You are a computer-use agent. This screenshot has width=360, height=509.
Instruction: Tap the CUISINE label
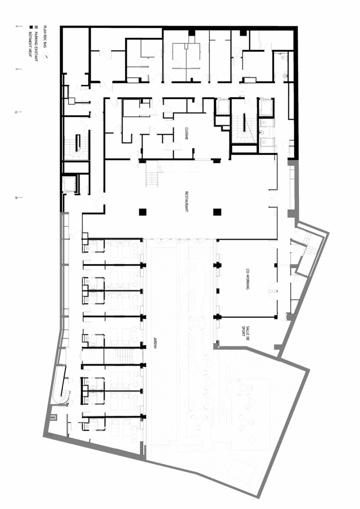[x=186, y=134]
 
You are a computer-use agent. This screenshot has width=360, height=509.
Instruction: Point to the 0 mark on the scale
[x=17, y=27]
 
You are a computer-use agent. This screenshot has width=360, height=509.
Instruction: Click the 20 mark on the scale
[x=17, y=197]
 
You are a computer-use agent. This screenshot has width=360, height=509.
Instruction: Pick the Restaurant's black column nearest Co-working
[x=217, y=212]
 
